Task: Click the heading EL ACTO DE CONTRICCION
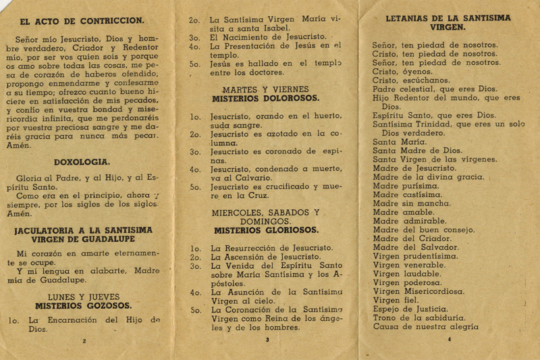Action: pyautogui.click(x=82, y=21)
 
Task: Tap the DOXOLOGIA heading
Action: pyautogui.click(x=82, y=162)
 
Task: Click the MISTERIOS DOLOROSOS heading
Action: pyautogui.click(x=265, y=98)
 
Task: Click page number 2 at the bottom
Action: pyautogui.click(x=84, y=341)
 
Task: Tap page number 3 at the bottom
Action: pyautogui.click(x=267, y=340)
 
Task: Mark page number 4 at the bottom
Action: pyautogui.click(x=449, y=339)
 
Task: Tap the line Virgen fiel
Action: pyautogui.click(x=396, y=300)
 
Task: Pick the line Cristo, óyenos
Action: pyautogui.click(x=402, y=72)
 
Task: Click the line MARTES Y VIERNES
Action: pyautogui.click(x=265, y=89)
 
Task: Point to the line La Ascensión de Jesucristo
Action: pyautogui.click(x=266, y=257)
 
